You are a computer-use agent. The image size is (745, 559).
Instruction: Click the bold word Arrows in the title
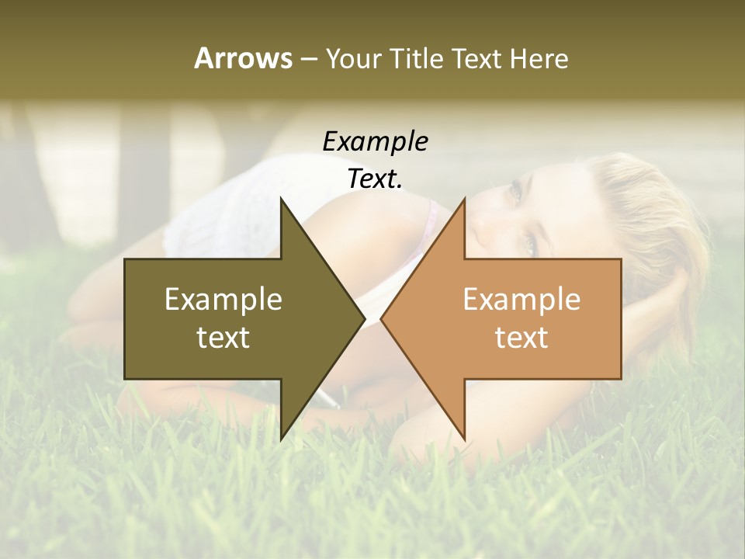click(x=243, y=58)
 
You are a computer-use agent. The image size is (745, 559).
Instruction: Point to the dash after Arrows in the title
click(x=307, y=59)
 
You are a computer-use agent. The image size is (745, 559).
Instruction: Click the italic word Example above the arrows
click(x=375, y=141)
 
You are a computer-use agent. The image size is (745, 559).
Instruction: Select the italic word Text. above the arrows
click(x=375, y=179)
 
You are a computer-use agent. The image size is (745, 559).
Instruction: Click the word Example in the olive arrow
click(x=223, y=300)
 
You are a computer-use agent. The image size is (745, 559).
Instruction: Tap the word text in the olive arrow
click(x=223, y=337)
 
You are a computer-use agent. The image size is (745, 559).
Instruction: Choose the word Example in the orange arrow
click(x=521, y=300)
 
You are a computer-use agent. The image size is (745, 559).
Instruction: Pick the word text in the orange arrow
click(x=521, y=337)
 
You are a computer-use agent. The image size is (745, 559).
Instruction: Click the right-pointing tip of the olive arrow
click(x=363, y=318)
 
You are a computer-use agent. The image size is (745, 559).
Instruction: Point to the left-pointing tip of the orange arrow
click(x=383, y=318)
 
